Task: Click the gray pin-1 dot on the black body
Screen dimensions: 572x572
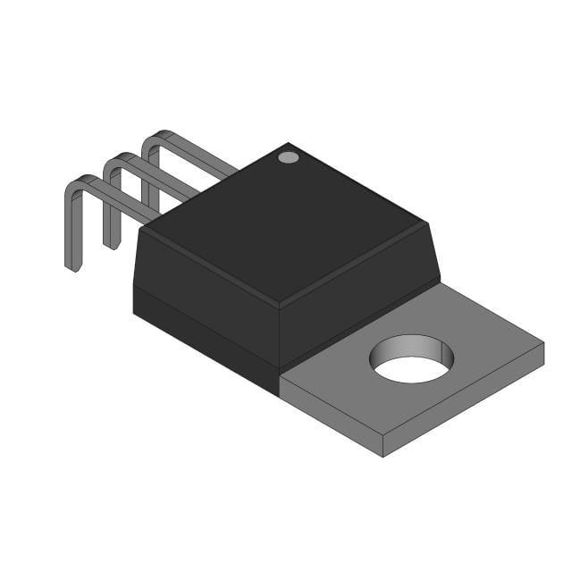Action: (x=288, y=157)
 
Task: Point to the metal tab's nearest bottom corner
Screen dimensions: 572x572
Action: (x=383, y=455)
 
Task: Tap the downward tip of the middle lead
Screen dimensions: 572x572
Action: (x=111, y=242)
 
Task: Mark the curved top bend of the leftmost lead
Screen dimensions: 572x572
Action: (x=79, y=182)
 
